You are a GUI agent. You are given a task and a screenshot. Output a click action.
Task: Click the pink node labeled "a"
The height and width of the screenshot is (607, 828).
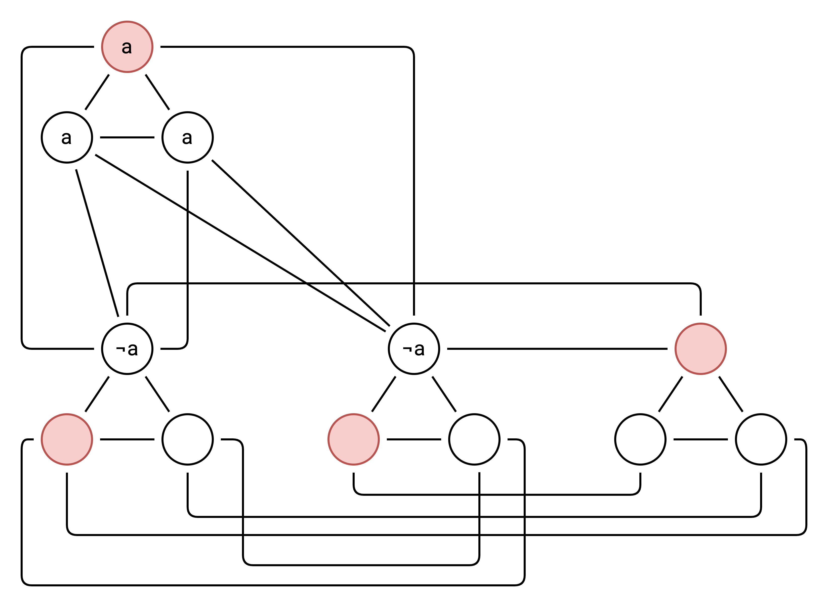click(127, 47)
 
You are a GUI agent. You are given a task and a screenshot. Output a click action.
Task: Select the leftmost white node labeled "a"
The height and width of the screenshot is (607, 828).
click(67, 137)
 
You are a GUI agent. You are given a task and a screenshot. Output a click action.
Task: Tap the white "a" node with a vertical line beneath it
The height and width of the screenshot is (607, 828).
click(187, 137)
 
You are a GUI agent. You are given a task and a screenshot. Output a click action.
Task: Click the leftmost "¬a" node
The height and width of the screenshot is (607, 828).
click(127, 349)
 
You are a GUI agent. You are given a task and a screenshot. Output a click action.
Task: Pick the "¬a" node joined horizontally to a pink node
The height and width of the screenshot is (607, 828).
click(414, 349)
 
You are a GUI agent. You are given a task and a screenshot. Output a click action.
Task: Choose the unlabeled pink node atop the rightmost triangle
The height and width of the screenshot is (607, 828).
click(700, 349)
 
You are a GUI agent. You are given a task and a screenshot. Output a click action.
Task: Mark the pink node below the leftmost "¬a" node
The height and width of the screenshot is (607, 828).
click(67, 439)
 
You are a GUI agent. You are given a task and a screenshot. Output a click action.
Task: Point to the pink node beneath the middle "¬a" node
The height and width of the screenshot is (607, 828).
click(354, 439)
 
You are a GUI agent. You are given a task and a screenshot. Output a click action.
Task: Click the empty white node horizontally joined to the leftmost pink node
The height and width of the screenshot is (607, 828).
click(187, 439)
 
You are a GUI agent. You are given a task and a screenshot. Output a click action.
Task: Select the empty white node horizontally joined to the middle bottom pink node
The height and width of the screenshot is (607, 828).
click(474, 439)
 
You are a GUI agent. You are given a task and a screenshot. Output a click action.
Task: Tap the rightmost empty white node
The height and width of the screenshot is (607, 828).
click(761, 439)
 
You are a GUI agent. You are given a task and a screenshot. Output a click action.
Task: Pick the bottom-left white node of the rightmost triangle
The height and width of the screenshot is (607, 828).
click(640, 439)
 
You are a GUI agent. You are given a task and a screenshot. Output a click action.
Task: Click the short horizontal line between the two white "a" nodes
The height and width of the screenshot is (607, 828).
click(127, 137)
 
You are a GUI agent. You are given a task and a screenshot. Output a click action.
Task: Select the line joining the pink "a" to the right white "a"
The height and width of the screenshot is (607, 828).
click(157, 92)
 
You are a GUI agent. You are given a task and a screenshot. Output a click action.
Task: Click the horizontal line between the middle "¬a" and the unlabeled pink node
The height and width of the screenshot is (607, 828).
click(557, 349)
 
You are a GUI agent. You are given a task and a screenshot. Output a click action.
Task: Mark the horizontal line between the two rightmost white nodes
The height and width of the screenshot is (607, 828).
click(700, 439)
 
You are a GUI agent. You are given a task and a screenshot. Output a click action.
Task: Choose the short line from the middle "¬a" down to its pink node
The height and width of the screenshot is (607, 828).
click(384, 394)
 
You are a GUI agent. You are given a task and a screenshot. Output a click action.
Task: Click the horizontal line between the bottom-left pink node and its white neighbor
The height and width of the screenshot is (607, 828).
click(127, 439)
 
